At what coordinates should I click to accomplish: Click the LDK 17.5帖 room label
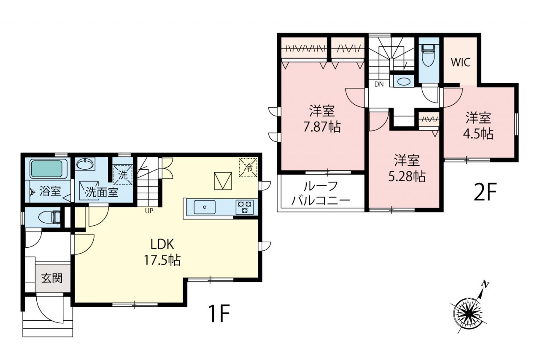[x=162, y=252]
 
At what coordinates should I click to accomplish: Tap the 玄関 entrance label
[x=52, y=278]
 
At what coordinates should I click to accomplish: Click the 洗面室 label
[x=102, y=192]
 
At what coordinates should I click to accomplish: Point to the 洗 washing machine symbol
[x=123, y=175]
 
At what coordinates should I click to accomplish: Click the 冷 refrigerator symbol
[x=248, y=168]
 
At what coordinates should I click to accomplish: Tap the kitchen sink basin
[x=205, y=207]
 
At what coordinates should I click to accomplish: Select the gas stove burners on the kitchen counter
[x=244, y=207]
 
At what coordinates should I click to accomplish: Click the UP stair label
[x=149, y=211]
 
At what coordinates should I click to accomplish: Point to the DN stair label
[x=379, y=84]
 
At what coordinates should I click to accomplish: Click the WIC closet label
[x=461, y=62]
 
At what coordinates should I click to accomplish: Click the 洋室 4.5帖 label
[x=478, y=125]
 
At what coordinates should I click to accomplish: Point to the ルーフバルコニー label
[x=321, y=193]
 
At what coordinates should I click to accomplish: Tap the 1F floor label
[x=219, y=314]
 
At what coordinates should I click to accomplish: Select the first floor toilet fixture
[x=49, y=217]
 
